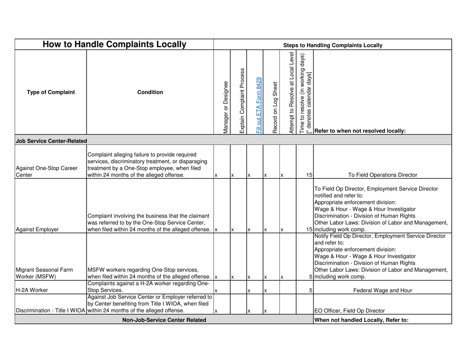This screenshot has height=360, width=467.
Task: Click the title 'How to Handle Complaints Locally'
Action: coord(115,45)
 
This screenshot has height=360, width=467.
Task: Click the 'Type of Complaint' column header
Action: coord(51,92)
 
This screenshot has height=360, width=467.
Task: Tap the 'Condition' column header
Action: coord(150,92)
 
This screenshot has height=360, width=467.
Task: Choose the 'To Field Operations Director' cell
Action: coord(382,174)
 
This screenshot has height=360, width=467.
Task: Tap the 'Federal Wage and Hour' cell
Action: coord(382,290)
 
